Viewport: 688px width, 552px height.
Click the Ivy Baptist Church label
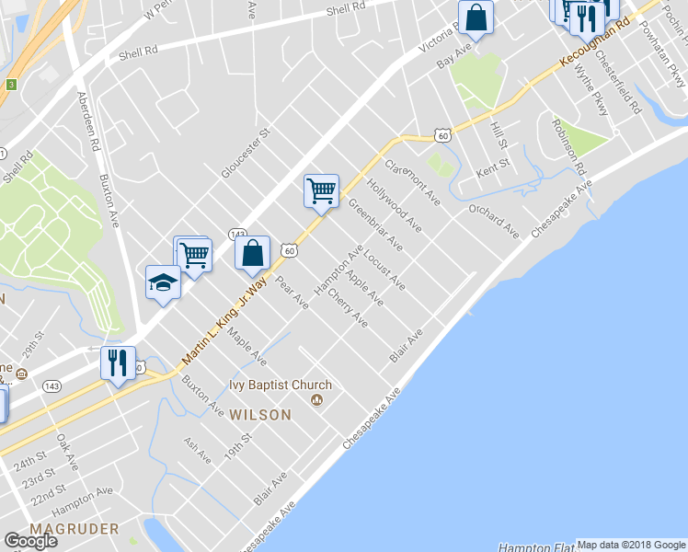pos(281,385)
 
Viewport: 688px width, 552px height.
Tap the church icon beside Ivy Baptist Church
pos(318,399)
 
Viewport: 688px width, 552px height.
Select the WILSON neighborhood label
pos(261,415)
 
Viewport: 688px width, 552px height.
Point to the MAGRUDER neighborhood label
pos(75,529)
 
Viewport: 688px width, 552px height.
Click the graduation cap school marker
pos(163,282)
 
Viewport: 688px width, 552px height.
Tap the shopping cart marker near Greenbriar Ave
pos(321,191)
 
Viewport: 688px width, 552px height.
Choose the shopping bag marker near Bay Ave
pos(476,17)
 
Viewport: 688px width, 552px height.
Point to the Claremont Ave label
pos(411,182)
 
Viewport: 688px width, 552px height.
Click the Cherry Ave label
pos(348,310)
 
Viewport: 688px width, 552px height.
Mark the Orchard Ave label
pos(493,220)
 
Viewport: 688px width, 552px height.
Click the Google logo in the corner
pos(29,541)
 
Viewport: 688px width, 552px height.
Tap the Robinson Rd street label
pos(568,146)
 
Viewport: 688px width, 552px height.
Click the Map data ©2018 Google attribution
pos(632,545)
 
